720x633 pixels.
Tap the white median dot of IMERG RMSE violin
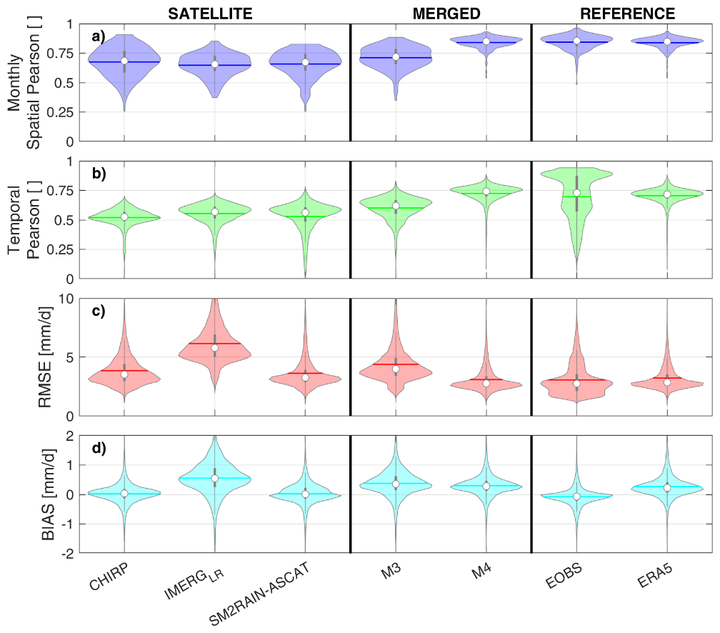(214, 348)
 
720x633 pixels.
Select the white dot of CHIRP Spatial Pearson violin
(124, 61)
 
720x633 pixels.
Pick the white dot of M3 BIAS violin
(395, 484)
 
